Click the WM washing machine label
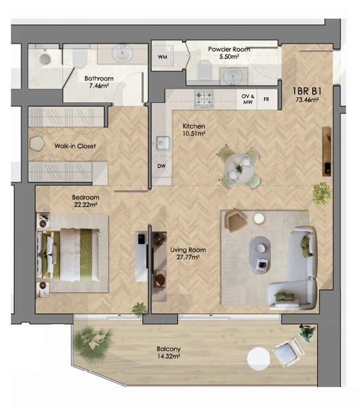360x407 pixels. click(162, 57)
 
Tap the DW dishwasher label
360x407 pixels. click(161, 166)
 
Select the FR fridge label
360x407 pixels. click(266, 99)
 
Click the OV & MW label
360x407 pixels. click(247, 99)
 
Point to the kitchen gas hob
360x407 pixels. click(204, 99)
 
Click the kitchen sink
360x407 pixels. click(163, 143)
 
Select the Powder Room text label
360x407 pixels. click(229, 49)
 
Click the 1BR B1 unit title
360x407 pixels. click(307, 91)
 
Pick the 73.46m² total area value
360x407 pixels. click(307, 99)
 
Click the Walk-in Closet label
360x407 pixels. click(75, 146)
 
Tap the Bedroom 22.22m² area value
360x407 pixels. click(86, 204)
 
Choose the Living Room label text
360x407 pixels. click(188, 250)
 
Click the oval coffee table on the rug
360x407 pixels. click(260, 255)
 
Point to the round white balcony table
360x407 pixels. click(259, 358)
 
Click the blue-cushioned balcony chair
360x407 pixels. click(288, 352)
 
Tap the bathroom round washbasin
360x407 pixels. click(122, 53)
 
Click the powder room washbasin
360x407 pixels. click(233, 76)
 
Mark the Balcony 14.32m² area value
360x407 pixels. click(169, 356)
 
